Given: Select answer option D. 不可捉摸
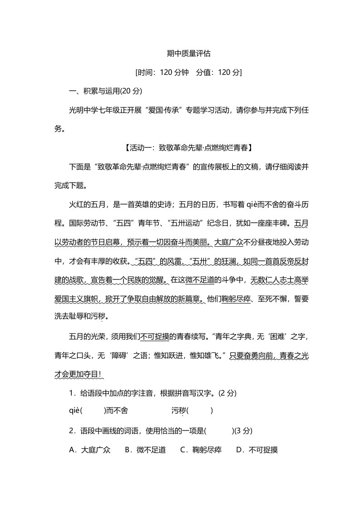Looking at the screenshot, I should tap(257, 450).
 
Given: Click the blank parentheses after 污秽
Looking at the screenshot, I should tap(199, 411).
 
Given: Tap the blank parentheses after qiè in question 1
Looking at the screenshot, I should tap(92, 411).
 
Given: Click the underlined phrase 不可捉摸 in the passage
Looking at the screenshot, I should tap(155, 337).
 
